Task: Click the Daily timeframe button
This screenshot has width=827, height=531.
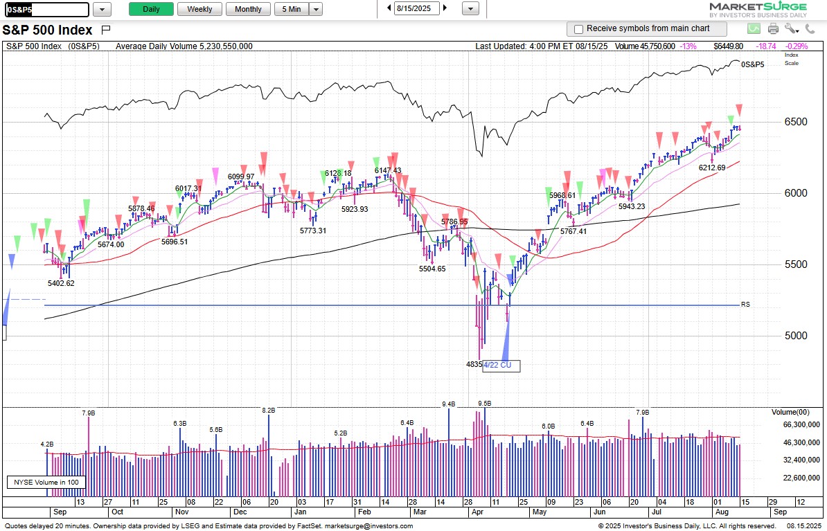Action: tap(151, 9)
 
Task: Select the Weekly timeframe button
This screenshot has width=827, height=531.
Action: tap(199, 9)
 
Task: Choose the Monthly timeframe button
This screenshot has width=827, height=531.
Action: tap(248, 9)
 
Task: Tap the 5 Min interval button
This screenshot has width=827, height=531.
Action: tap(291, 9)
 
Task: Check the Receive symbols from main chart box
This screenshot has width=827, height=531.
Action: tap(579, 29)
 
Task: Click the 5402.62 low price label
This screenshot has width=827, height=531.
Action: tap(61, 283)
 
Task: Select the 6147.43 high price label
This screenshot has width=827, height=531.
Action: tap(388, 170)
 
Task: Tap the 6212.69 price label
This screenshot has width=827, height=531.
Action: tap(711, 168)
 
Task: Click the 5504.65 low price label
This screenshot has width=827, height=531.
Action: tap(432, 269)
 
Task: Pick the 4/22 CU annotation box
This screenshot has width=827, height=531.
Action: tap(500, 365)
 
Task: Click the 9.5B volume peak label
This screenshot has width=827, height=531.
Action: tap(484, 403)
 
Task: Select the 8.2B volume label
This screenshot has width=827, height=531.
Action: tap(269, 410)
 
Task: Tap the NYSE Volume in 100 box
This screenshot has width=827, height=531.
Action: tap(44, 482)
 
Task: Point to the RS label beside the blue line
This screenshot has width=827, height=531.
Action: tap(745, 305)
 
